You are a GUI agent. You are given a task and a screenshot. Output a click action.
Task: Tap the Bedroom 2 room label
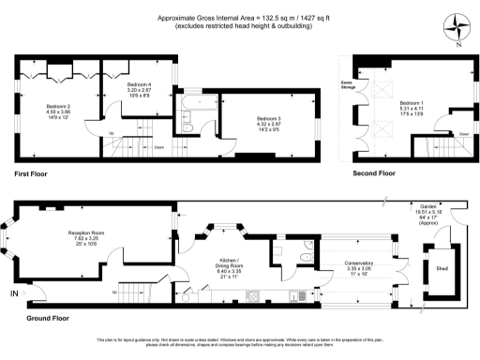pos(59,112)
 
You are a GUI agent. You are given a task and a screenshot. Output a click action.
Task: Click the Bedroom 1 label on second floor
pos(412,106)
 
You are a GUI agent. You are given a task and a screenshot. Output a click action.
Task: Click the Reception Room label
pos(84,237)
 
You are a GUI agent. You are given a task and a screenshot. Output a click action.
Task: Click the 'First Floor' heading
pos(32,174)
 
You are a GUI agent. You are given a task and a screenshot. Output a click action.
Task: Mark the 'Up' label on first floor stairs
pos(112,134)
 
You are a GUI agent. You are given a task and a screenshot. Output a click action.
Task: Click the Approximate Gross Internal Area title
pos(239,19)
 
